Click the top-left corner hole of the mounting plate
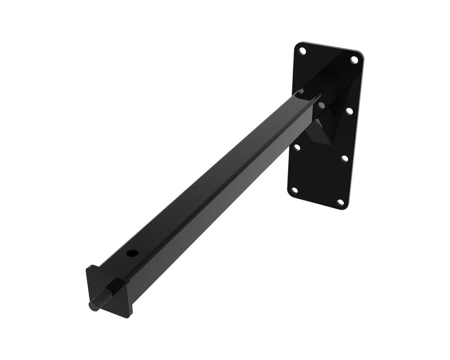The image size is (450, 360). coord(302,52)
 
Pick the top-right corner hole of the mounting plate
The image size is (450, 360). coord(354,60)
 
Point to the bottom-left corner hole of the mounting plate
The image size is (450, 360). coord(294,190)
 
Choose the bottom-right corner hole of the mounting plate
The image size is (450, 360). coord(340,202)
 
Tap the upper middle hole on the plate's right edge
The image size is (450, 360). coord(349,111)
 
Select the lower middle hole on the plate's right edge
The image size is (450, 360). coord(344,158)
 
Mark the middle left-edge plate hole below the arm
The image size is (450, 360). coord(296,146)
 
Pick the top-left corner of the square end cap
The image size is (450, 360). coord(88,268)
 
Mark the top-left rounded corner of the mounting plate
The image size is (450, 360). coord(297,43)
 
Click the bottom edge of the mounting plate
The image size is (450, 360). coord(315,201)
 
